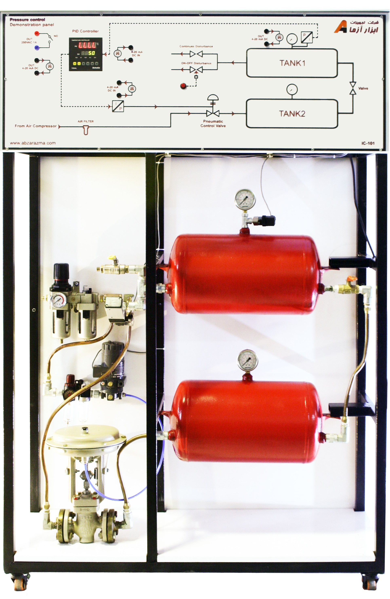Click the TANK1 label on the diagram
(292, 63)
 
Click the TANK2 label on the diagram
(292, 114)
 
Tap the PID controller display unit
(86, 54)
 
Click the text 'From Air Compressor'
(36, 126)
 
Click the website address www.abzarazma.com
(33, 143)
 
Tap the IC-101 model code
(368, 143)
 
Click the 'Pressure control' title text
(27, 20)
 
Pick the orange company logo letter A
(341, 27)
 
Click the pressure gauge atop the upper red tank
(245, 199)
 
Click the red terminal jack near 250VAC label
(37, 33)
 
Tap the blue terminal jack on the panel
(37, 48)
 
